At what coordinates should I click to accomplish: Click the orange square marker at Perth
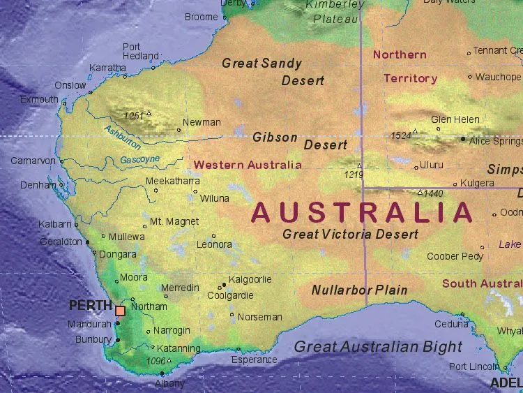click(121, 311)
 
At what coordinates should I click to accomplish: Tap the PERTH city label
click(91, 305)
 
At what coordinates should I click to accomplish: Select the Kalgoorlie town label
click(250, 279)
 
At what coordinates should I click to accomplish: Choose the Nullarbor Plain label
click(359, 290)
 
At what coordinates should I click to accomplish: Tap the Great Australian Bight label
click(378, 346)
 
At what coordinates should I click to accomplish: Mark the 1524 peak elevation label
click(401, 135)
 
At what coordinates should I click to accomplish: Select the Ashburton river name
click(122, 137)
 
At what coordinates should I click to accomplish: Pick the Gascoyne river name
click(140, 160)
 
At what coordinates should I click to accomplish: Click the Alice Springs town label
click(496, 141)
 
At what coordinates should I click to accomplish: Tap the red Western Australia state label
click(248, 165)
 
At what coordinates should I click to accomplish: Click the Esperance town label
click(255, 359)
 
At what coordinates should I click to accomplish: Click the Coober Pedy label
click(455, 256)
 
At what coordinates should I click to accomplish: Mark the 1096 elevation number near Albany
click(156, 361)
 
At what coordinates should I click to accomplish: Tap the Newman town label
click(202, 123)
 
